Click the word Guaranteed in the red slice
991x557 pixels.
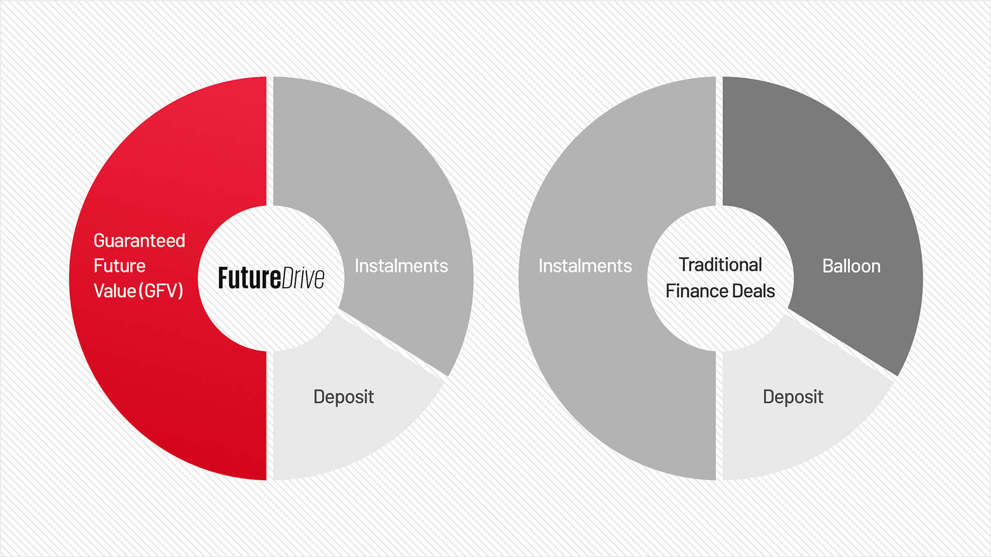[x=139, y=241]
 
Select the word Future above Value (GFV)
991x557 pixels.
[x=119, y=266]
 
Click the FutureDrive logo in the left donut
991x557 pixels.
[x=271, y=278]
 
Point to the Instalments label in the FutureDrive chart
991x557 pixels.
[x=401, y=266]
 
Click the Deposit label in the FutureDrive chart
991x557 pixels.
[x=343, y=397]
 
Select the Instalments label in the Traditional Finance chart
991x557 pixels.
[x=585, y=266]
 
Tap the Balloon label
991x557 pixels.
[x=851, y=266]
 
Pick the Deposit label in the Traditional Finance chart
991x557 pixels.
[x=793, y=397]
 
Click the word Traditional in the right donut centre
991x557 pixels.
[x=720, y=265]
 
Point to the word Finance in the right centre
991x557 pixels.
[x=696, y=291]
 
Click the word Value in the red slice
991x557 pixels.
[x=115, y=291]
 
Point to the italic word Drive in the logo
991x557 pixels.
[x=303, y=278]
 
